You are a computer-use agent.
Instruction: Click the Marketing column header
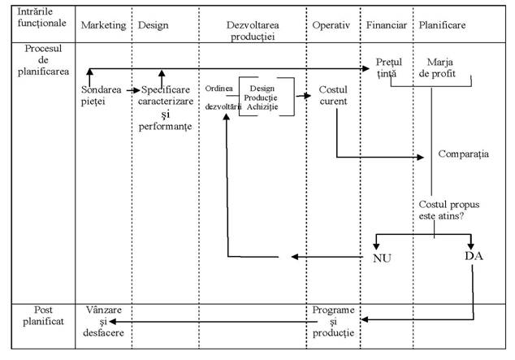coord(103,25)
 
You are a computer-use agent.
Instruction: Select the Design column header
coord(154,25)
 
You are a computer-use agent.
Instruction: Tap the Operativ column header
coord(331,25)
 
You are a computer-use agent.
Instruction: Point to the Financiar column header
coord(386,25)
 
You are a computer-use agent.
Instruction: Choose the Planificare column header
coord(442,25)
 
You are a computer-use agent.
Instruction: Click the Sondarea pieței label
coord(105,95)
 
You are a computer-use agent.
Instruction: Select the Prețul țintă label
coord(390,68)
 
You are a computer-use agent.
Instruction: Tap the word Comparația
coord(463,154)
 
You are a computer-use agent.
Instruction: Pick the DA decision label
coord(474,255)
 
